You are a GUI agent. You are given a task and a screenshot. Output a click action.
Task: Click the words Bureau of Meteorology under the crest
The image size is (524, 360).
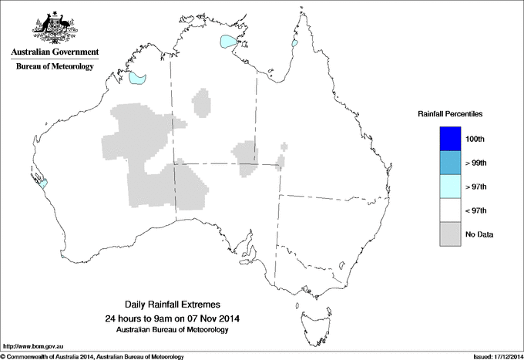pyautogui.click(x=54, y=67)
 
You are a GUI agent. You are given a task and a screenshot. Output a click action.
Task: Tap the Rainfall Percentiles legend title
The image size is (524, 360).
pyautogui.click(x=450, y=113)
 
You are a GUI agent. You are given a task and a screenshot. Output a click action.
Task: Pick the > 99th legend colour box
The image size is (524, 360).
pyautogui.click(x=449, y=163)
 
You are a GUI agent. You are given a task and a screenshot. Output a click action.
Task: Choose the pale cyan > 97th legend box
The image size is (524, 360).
pyautogui.click(x=449, y=187)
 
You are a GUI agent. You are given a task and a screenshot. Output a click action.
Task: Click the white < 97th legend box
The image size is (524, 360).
pyautogui.click(x=449, y=210)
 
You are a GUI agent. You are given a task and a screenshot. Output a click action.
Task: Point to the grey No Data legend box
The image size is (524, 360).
pyautogui.click(x=449, y=234)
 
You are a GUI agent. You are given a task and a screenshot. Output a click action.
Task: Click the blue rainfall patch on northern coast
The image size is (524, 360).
pyautogui.click(x=230, y=41)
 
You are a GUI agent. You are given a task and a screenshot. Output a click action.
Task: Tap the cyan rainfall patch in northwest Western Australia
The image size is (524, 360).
pyautogui.click(x=138, y=78)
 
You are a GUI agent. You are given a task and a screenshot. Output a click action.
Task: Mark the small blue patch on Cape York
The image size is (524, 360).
pyautogui.click(x=294, y=44)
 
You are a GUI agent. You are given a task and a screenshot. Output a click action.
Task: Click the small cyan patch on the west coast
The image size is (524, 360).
pyautogui.click(x=43, y=183)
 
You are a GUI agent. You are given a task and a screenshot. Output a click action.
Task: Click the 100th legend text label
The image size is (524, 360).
pyautogui.click(x=475, y=139)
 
